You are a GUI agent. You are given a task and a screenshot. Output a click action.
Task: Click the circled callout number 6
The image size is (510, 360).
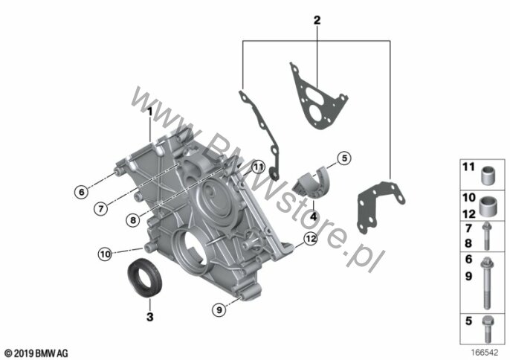click(81, 192)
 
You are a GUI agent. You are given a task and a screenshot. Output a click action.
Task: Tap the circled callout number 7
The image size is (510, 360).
click(101, 208)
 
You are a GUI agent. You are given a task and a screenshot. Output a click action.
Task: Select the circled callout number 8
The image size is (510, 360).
click(133, 220)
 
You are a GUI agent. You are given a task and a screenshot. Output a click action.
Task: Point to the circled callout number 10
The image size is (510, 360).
click(105, 254)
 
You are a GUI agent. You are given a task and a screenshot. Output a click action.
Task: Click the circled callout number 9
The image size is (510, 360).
click(219, 309)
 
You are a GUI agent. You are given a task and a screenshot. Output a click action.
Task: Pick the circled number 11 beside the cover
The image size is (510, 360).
click(258, 167)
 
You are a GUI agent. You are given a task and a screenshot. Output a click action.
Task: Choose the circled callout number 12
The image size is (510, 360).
click(311, 239)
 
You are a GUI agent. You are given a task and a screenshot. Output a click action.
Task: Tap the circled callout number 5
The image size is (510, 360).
click(344, 158)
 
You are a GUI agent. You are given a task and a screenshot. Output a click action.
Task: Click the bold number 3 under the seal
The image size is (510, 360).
click(150, 316)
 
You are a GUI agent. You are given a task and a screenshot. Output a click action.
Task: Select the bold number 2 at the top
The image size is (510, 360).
click(317, 20)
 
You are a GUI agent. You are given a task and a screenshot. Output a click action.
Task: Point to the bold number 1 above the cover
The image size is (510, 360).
click(150, 112)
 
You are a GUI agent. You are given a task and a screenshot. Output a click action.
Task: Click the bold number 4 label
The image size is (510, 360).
click(313, 216)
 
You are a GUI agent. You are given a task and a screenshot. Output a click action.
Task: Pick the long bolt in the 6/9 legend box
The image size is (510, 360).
click(486, 283)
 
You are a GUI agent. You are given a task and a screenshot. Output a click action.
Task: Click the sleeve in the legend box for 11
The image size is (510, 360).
click(488, 176)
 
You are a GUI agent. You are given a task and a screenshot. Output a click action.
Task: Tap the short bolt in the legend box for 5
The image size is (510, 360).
click(487, 329)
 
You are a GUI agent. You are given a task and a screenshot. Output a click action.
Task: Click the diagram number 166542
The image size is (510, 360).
click(485, 353)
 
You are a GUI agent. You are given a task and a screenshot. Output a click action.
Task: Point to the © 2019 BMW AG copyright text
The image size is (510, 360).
click(36, 353)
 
